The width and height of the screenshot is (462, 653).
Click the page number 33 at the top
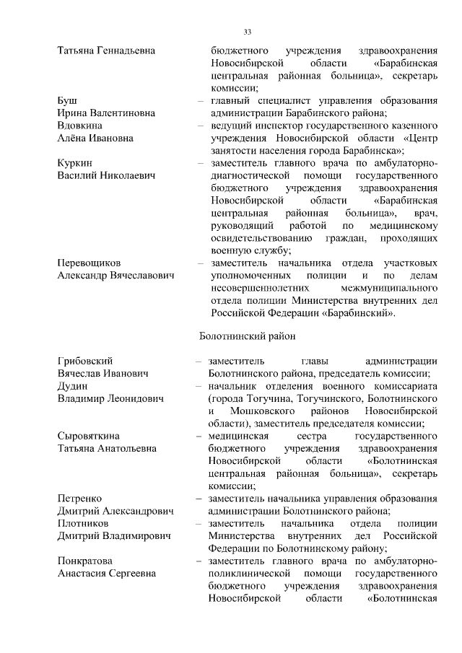coord(247,32)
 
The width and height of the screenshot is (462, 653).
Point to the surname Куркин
coord(74,163)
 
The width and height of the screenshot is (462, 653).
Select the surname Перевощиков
coord(90,263)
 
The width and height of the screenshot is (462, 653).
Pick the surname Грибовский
coord(85,361)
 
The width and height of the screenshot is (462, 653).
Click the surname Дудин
coord(72,386)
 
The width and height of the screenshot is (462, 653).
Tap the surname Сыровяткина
coord(89,436)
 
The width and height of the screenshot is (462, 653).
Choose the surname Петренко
coord(79,499)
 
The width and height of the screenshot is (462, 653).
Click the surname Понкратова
coord(87,561)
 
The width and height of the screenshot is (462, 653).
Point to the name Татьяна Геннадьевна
coord(106,51)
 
